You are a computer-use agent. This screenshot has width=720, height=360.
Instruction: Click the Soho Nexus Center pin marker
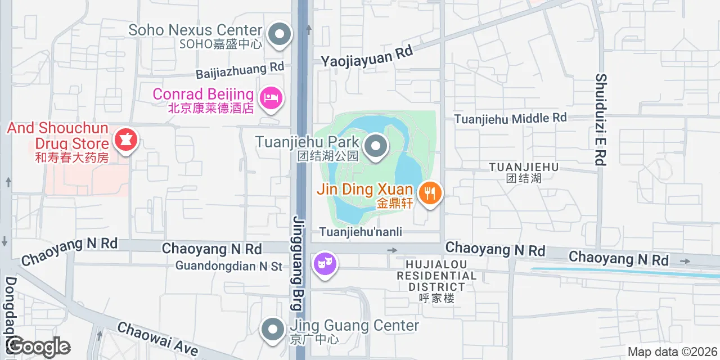click(278, 35)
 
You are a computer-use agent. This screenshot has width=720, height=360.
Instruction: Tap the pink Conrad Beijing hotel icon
click(272, 98)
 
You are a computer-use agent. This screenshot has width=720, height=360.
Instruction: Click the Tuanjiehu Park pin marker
click(376, 147)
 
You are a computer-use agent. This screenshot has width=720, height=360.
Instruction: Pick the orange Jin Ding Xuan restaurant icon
click(430, 193)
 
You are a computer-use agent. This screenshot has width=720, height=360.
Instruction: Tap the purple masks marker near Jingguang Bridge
click(326, 263)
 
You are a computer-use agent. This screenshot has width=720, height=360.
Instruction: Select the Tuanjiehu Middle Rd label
click(510, 118)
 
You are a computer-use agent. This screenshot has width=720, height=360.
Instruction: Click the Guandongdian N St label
click(228, 265)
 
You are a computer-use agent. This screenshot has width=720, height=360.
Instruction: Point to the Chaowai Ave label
click(157, 339)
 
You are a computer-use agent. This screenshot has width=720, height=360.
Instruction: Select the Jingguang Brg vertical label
click(297, 262)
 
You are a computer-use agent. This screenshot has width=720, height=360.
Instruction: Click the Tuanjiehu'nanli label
click(361, 232)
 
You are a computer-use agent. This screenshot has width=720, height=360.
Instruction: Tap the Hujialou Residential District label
click(436, 281)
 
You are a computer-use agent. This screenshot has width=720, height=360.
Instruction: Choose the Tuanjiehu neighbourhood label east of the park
click(523, 172)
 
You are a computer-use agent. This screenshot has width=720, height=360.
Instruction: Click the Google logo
click(38, 347)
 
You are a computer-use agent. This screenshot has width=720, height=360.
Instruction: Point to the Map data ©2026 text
click(672, 352)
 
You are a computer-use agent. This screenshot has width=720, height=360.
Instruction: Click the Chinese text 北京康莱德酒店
click(211, 108)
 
